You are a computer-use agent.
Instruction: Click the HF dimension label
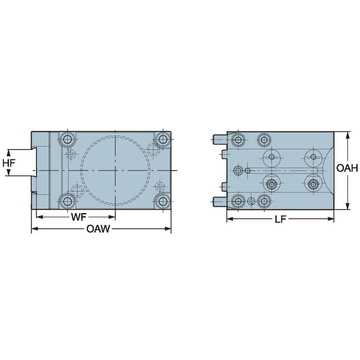(x=8, y=162)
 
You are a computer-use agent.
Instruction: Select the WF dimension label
(x=78, y=217)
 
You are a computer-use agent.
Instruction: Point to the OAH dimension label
(x=347, y=169)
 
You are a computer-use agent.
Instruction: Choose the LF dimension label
(x=280, y=219)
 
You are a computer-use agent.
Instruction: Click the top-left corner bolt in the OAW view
(x=67, y=139)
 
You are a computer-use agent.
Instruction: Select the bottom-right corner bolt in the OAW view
(x=162, y=201)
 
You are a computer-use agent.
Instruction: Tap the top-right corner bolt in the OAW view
(x=162, y=139)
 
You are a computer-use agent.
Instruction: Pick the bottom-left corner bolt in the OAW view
(x=67, y=201)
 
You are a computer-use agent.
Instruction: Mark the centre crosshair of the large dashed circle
(x=115, y=170)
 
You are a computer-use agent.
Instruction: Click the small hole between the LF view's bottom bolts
(x=252, y=201)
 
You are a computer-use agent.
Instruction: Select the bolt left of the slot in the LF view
(x=239, y=170)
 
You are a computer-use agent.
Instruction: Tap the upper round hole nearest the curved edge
(x=313, y=157)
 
